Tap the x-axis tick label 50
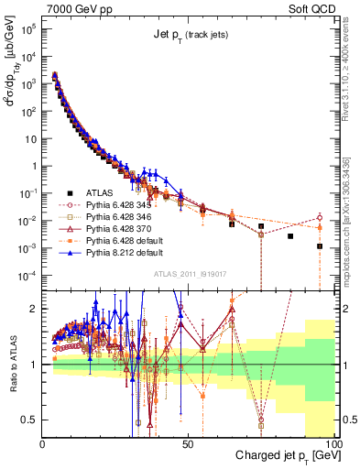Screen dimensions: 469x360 click(x=188, y=442)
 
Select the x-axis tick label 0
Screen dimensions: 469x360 click(x=43, y=442)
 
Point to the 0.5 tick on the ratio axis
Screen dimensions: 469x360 click(x=30, y=420)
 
